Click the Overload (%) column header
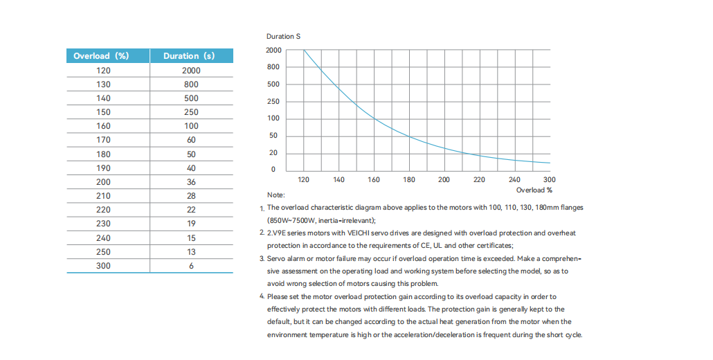pos(101,56)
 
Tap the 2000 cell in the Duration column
pos(191,71)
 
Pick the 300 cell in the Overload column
pos(103,266)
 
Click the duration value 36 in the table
pos(191,182)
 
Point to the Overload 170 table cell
pos(103,140)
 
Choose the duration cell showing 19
pos(191,224)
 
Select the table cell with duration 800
pos(191,84)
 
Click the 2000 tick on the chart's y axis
pos(273,51)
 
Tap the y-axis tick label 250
pos(273,102)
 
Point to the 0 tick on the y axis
pos(273,170)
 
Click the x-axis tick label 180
pos(409,180)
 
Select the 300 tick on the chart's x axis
pos(549,180)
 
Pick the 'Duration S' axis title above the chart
pos(282,36)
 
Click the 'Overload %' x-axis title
pos(534,190)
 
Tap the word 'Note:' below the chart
pos(276,195)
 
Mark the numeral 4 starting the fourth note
pos(262,296)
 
